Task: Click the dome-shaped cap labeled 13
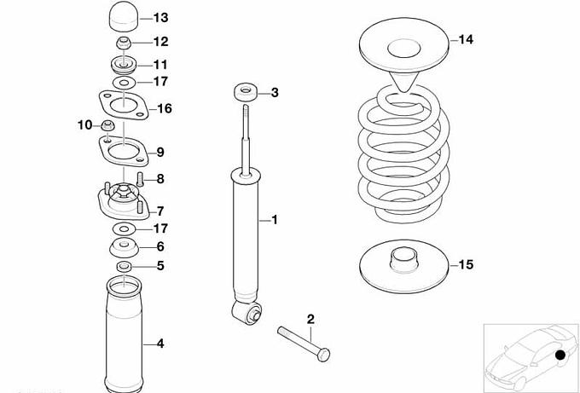coord(124,17)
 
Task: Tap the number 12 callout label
coord(161,42)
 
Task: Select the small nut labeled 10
coord(107,125)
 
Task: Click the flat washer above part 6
coord(125,228)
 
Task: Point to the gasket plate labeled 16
coord(124,106)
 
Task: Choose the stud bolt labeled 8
coord(140,179)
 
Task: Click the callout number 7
coord(160,211)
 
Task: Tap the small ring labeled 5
coord(125,265)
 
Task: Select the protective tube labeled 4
coord(124,332)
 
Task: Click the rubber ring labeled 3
coord(246,92)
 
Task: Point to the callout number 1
coord(274,220)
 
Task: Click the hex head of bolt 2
coord(323,355)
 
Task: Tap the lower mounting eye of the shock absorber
coord(246,311)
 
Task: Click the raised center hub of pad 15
coord(404,260)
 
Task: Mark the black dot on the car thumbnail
coord(560,355)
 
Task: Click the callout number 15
coord(466,265)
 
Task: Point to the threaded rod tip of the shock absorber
coord(246,108)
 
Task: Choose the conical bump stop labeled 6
coord(125,248)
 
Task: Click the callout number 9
coord(160,153)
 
